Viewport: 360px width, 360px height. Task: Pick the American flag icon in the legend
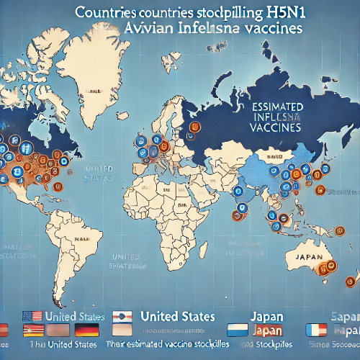32,316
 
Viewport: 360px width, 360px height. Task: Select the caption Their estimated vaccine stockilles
174,344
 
